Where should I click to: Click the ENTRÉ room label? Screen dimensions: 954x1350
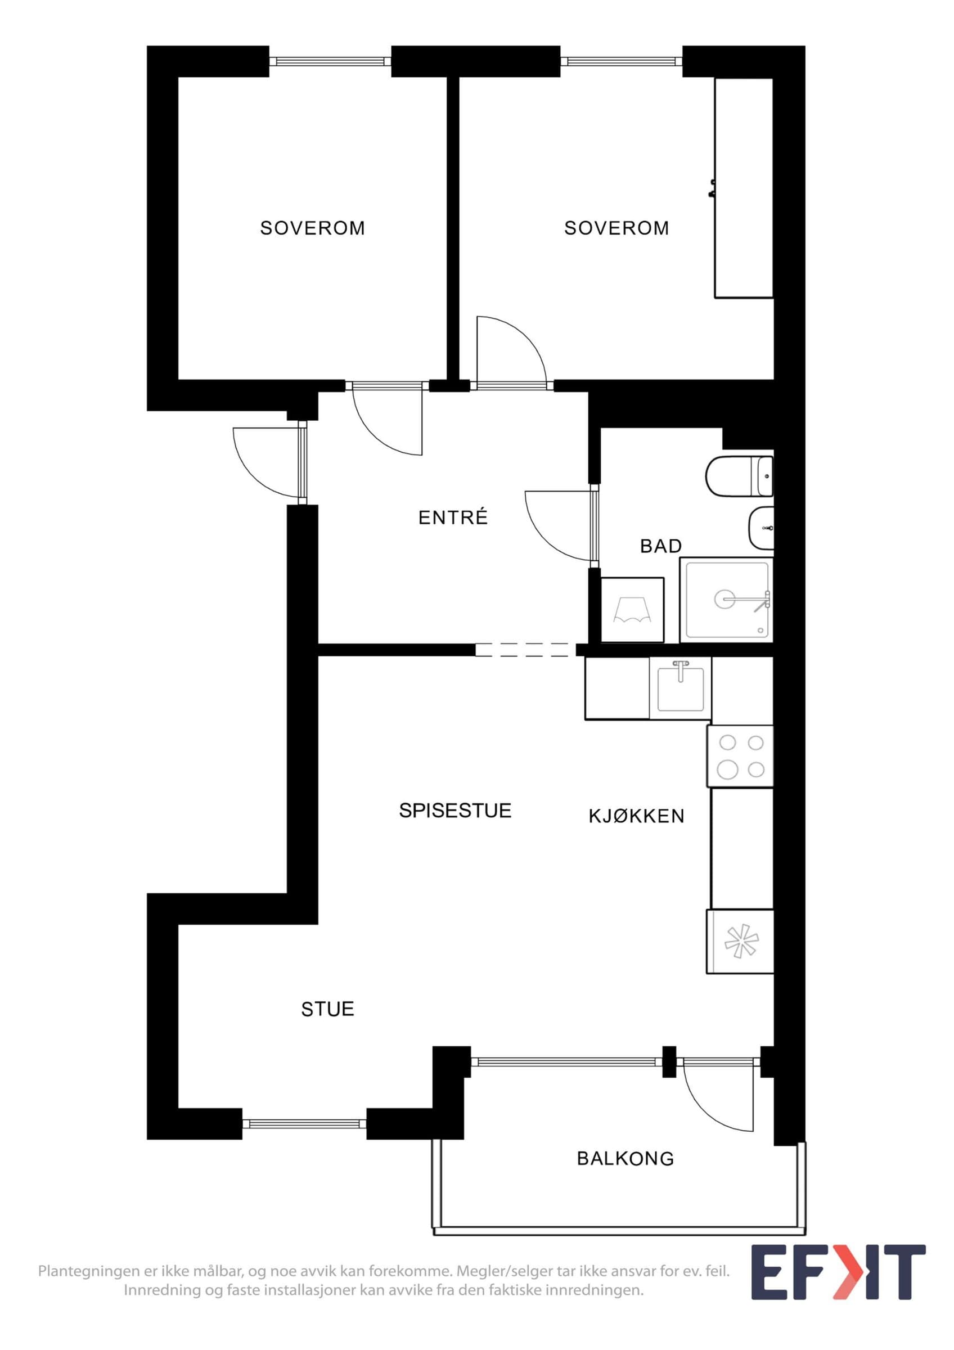pyautogui.click(x=453, y=517)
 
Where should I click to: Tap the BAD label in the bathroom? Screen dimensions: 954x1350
pyautogui.click(x=661, y=546)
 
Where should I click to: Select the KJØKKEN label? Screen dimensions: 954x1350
pyautogui.click(x=637, y=816)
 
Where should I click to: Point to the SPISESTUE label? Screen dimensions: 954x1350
pyautogui.click(x=455, y=810)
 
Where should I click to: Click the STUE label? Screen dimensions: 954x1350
pyautogui.click(x=327, y=1009)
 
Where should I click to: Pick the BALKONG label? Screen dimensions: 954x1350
pyautogui.click(x=625, y=1158)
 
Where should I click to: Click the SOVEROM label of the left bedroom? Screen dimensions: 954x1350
pyautogui.click(x=313, y=228)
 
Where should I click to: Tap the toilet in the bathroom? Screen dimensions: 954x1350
pyautogui.click(x=740, y=476)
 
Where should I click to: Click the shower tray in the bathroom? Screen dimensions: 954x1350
pyautogui.click(x=727, y=600)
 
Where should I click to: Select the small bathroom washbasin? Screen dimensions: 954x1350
pyautogui.click(x=761, y=528)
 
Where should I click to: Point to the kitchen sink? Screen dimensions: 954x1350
pyautogui.click(x=680, y=688)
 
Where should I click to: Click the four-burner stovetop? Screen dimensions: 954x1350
pyautogui.click(x=740, y=756)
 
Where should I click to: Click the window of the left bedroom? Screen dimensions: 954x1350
pyautogui.click(x=330, y=61)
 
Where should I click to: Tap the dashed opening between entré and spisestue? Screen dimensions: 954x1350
pyautogui.click(x=525, y=650)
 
